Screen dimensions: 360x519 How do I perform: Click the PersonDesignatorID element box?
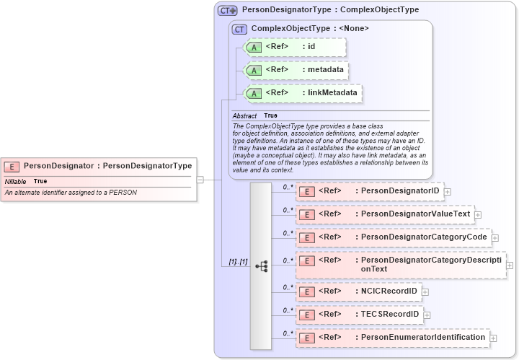[369, 191]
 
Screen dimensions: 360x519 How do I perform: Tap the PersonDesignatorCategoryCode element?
[393, 237]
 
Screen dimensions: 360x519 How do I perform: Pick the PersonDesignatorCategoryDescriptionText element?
[401, 265]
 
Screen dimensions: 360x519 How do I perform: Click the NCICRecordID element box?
[358, 291]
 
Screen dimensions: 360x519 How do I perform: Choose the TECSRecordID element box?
[359, 315]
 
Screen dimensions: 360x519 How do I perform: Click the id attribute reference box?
[296, 48]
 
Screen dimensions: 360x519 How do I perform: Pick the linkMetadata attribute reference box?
[302, 93]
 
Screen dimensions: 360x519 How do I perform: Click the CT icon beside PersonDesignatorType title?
[228, 11]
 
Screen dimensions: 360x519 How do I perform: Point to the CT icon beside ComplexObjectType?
[240, 29]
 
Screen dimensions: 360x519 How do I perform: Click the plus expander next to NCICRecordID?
[425, 291]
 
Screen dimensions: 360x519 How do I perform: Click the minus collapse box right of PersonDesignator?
[200, 180]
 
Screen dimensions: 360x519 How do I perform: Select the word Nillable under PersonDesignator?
[16, 181]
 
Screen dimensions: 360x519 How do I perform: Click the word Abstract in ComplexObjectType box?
[244, 115]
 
